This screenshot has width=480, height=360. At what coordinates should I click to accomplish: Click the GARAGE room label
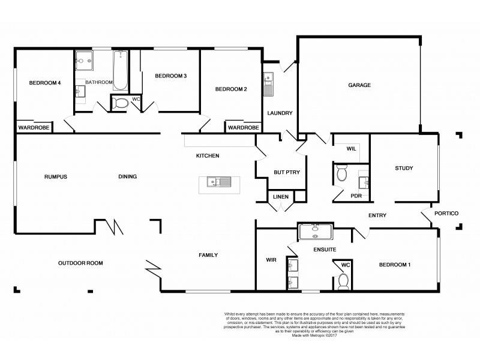359,85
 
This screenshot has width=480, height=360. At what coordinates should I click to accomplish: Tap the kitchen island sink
215,182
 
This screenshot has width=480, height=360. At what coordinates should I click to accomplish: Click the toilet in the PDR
341,175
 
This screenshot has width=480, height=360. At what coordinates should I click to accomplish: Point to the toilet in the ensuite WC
344,280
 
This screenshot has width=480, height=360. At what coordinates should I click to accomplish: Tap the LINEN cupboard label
280,197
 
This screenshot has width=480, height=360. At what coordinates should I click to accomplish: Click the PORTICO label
447,213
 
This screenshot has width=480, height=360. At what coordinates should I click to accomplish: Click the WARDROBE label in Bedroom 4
34,128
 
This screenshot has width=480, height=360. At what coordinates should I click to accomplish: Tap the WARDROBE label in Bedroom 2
243,128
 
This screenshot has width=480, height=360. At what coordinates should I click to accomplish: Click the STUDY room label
403,168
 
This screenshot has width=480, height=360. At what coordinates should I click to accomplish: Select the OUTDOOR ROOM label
80,263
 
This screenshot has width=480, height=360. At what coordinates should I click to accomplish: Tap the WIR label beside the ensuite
270,260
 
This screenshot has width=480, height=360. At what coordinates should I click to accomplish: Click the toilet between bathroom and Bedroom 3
120,103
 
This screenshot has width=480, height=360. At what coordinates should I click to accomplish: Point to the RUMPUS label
55,176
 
